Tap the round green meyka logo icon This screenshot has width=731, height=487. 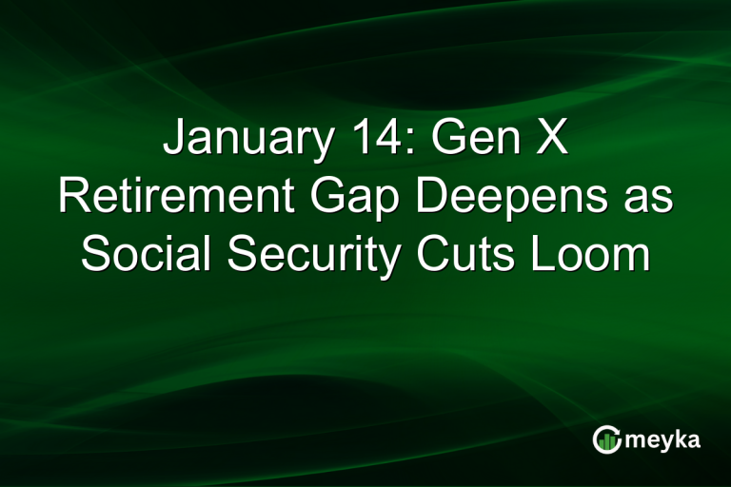(605, 439)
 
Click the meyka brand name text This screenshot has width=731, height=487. (664, 440)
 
